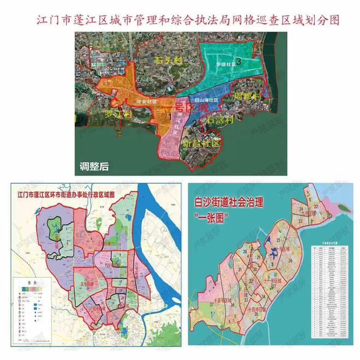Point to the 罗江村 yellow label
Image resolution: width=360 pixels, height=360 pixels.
[x=119, y=115]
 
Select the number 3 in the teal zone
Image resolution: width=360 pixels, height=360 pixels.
[x=254, y=62]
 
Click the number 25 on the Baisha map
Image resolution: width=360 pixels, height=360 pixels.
[x=278, y=240]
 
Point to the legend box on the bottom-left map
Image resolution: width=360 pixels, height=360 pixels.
[x=32, y=311]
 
